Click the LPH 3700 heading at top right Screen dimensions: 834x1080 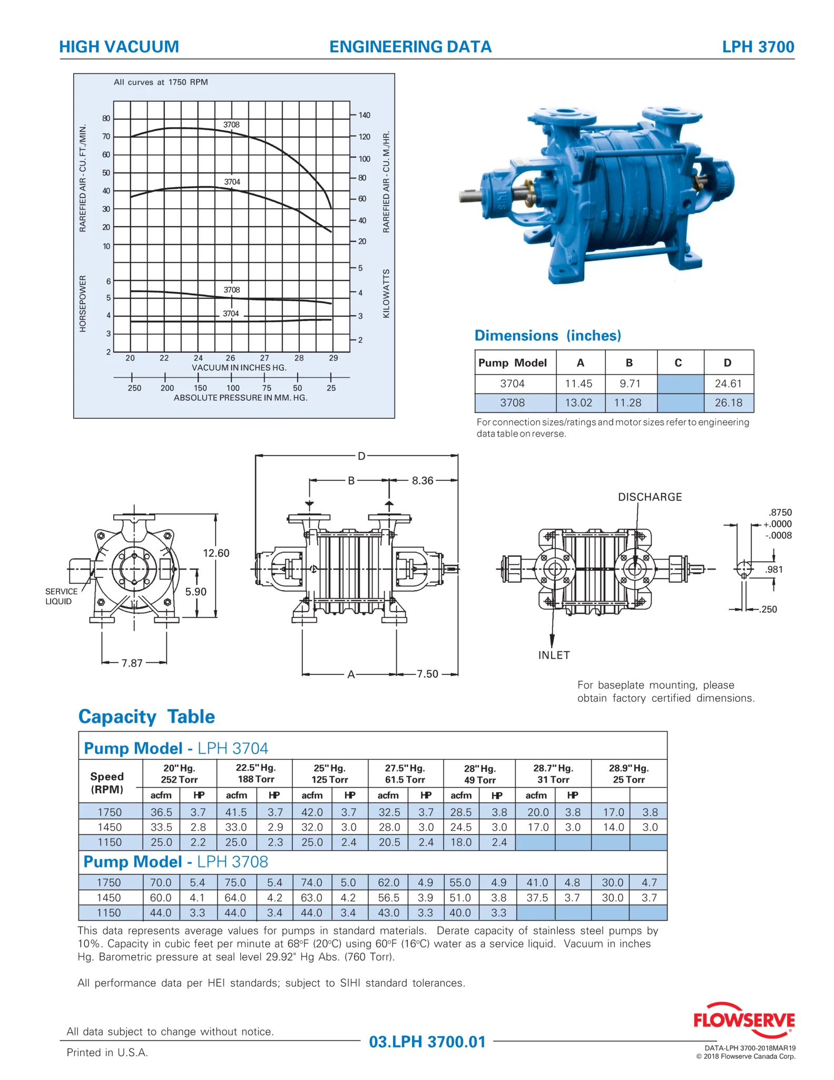pos(758,46)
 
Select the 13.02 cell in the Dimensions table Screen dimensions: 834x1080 pos(578,402)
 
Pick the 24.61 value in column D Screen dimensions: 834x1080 pos(728,383)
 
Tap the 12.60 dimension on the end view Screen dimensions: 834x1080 pos(216,553)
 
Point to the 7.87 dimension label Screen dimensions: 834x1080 pos(132,663)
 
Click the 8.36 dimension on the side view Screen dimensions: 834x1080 pos(423,480)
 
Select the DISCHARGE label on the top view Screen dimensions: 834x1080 pos(650,497)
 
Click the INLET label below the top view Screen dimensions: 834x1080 pos(554,655)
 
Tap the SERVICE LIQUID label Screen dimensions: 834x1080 pos(61,596)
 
